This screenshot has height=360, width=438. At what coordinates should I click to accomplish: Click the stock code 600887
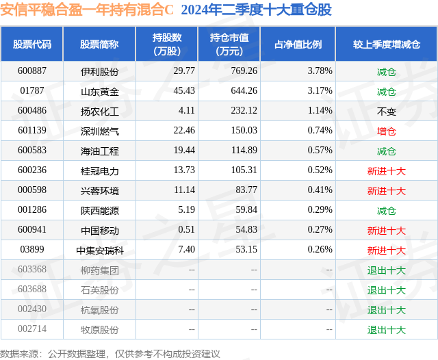[x=32, y=71]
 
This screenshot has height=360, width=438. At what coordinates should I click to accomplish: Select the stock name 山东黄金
[x=100, y=91]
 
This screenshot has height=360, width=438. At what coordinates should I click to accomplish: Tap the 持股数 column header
[x=167, y=44]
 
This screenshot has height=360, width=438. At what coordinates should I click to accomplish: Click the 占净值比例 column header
[x=298, y=44]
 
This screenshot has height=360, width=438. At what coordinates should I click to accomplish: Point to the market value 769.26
[x=244, y=71]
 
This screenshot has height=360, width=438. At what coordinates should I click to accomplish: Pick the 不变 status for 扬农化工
[x=386, y=112]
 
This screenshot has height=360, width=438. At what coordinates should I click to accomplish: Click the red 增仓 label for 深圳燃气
[x=386, y=131]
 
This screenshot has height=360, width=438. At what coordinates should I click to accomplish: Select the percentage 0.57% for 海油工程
[x=320, y=151]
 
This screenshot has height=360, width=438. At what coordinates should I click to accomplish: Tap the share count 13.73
[x=184, y=170]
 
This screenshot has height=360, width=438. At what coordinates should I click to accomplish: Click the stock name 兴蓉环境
[x=100, y=191]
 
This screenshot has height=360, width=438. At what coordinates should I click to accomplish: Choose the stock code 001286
[x=32, y=209]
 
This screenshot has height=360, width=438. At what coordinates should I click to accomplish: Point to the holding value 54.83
[x=246, y=229]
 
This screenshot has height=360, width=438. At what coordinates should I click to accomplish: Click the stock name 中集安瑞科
[x=100, y=250]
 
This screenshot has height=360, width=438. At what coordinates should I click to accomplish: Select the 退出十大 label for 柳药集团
[x=386, y=270]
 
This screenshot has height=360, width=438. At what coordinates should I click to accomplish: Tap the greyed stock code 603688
[x=32, y=289]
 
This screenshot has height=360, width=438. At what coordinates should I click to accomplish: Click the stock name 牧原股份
[x=100, y=330]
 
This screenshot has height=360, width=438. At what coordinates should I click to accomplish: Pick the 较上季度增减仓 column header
[x=386, y=44]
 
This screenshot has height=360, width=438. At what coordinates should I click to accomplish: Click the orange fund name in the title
[x=87, y=10]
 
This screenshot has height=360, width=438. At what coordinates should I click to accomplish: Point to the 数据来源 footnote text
[x=109, y=354]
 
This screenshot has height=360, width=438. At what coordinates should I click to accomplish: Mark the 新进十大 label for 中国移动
[x=386, y=231]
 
